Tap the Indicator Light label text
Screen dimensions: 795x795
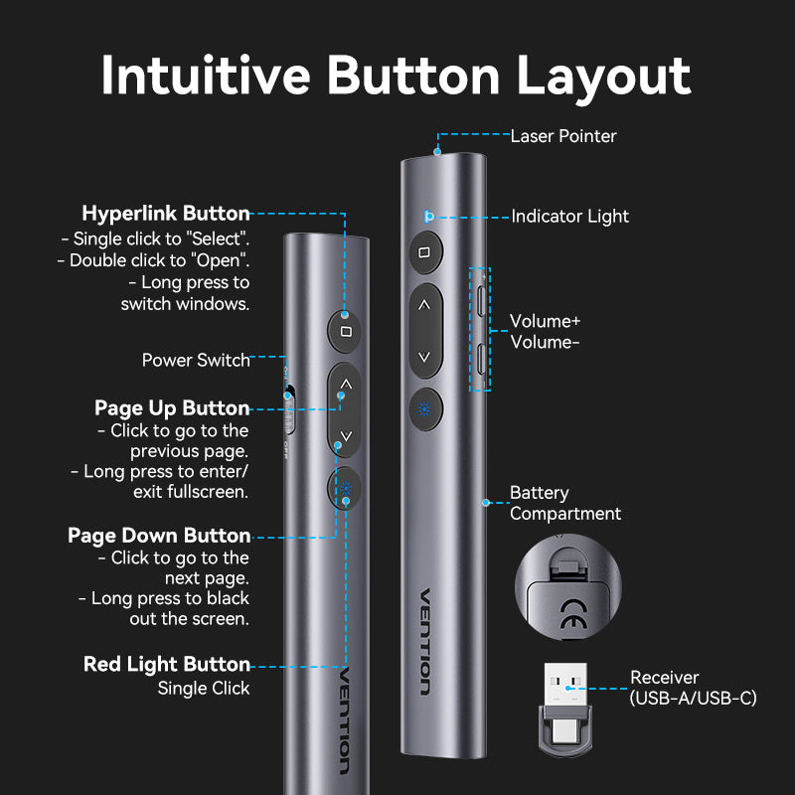pos(569,217)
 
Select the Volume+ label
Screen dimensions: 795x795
pos(545,322)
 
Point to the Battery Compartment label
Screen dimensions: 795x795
pos(564,503)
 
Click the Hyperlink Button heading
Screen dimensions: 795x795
pos(166,214)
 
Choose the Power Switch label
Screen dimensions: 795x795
pos(196,360)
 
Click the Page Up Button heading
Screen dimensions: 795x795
pos(172,408)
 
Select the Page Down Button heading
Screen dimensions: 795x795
pos(159,536)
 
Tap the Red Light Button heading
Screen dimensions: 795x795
pos(167,664)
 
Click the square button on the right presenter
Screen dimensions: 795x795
pos(424,252)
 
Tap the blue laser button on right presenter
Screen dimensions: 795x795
pos(424,408)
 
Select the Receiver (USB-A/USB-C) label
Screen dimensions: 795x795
pos(693,689)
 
